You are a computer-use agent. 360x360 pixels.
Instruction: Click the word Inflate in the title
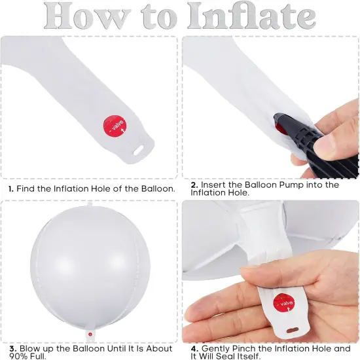pyautogui.click(x=251, y=16)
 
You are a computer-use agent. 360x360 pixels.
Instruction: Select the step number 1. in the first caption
pyautogui.click(x=11, y=189)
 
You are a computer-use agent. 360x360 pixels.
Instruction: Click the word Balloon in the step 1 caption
pyautogui.click(x=158, y=189)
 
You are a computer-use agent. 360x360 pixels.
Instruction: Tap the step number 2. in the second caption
pyautogui.click(x=194, y=185)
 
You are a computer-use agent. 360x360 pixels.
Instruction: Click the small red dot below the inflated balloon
pyautogui.click(x=90, y=334)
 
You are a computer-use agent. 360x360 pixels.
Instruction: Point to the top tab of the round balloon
pyautogui.click(x=90, y=204)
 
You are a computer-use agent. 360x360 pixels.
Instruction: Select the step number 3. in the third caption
pyautogui.click(x=13, y=349)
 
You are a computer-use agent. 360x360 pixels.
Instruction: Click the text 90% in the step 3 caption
pyautogui.click(x=18, y=356)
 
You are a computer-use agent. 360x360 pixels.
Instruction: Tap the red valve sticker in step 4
pyautogui.click(x=284, y=303)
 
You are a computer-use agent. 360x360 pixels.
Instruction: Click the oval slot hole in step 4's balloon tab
pyautogui.click(x=293, y=331)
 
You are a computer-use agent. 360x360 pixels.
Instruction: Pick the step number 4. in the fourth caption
pyautogui.click(x=194, y=349)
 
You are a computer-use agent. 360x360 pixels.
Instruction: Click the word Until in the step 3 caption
pyautogui.click(x=120, y=348)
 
